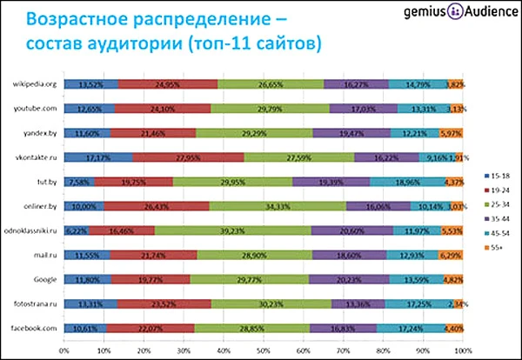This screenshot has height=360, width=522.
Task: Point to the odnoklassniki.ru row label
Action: coord(31,230)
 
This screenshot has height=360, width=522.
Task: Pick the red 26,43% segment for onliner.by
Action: coord(156,206)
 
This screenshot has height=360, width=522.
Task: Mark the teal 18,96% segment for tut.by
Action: coord(407,182)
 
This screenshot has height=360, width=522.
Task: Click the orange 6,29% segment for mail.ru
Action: coord(451,255)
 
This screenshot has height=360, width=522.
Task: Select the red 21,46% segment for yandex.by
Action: coord(153,133)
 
